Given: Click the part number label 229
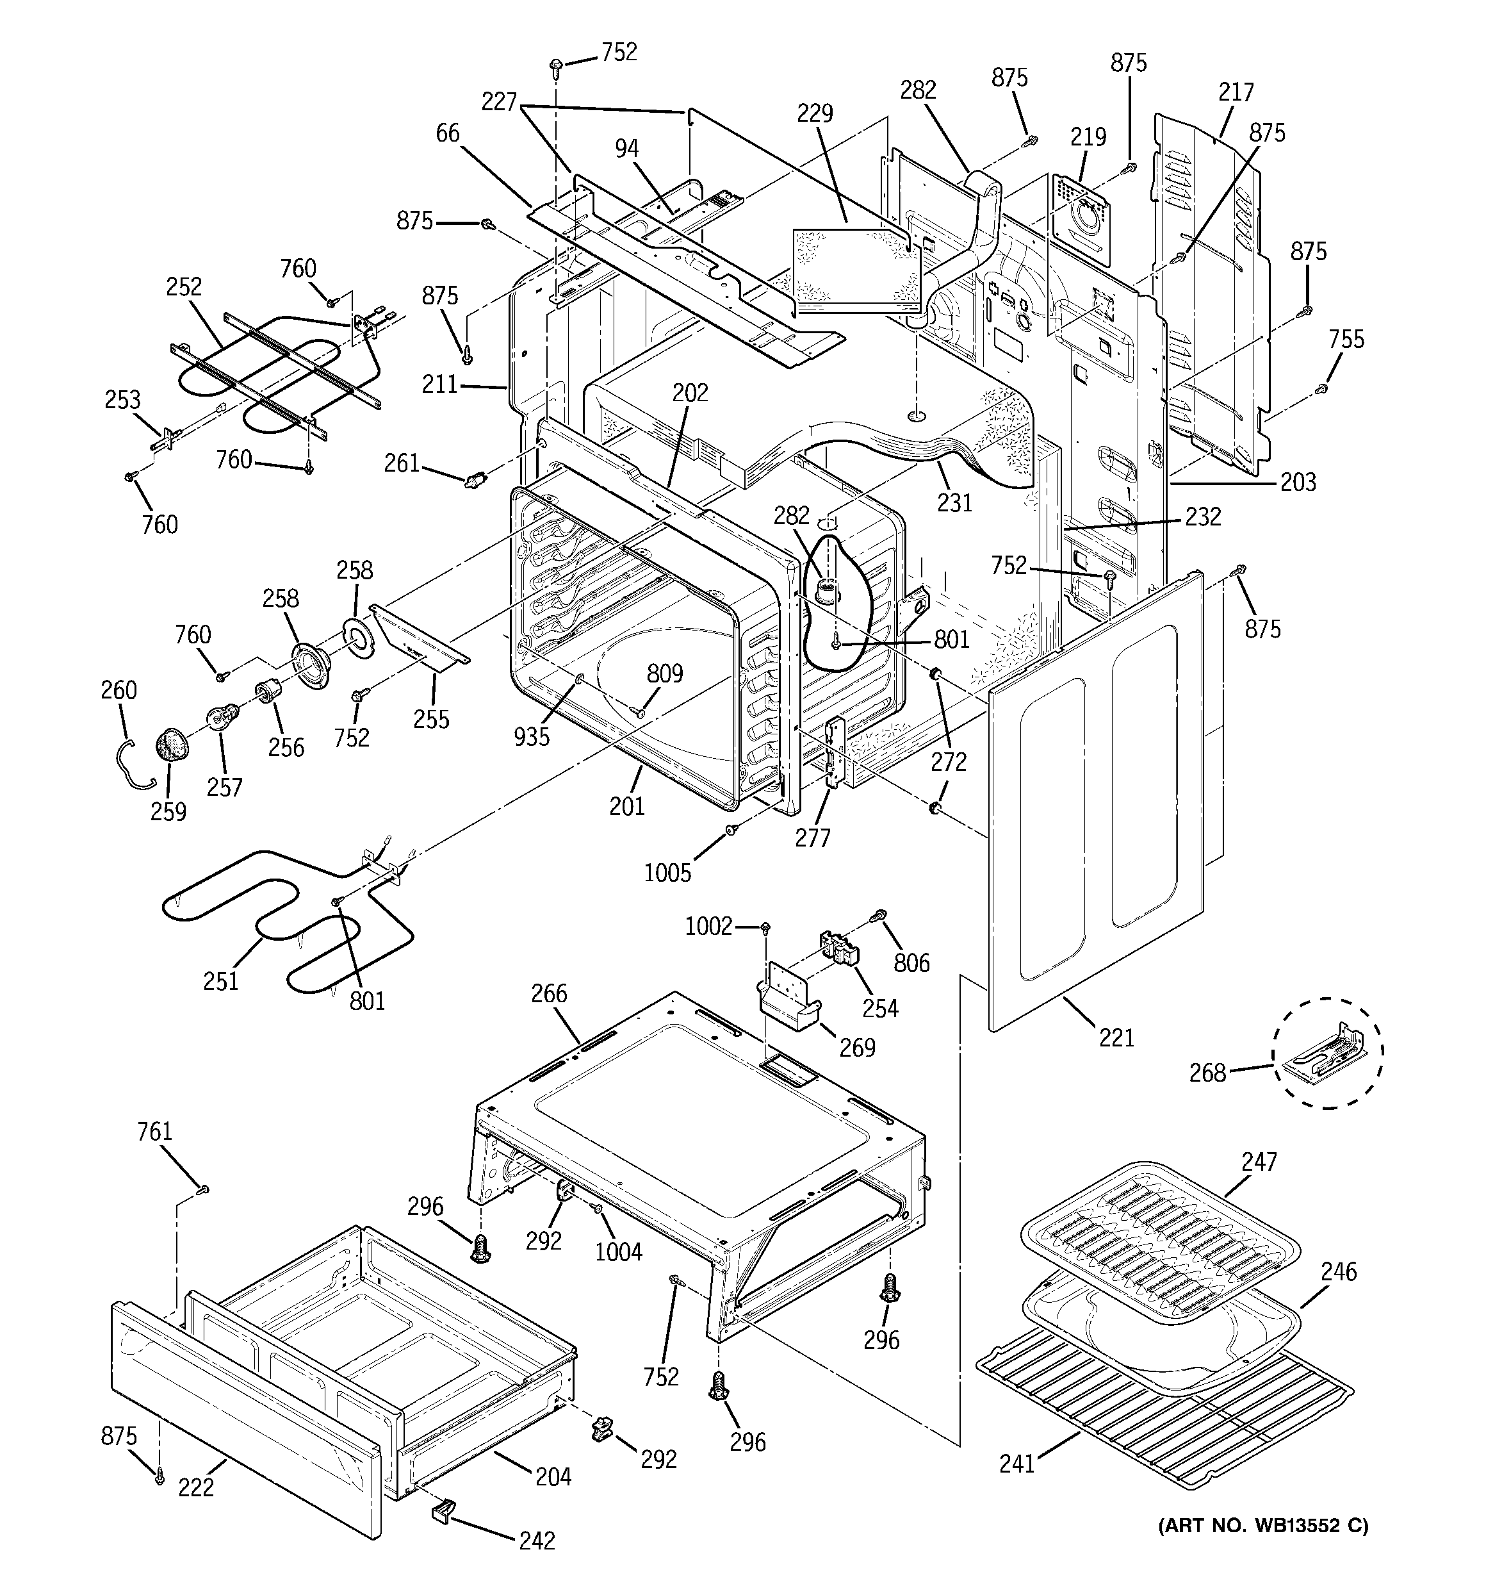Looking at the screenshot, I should [x=813, y=113].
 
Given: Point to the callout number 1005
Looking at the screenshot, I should [x=667, y=873].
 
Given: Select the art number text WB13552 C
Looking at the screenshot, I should [x=1262, y=1526].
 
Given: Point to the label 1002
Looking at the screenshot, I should [x=708, y=926].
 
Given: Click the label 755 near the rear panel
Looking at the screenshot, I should [x=1346, y=339].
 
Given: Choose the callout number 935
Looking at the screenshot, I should [x=531, y=736].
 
